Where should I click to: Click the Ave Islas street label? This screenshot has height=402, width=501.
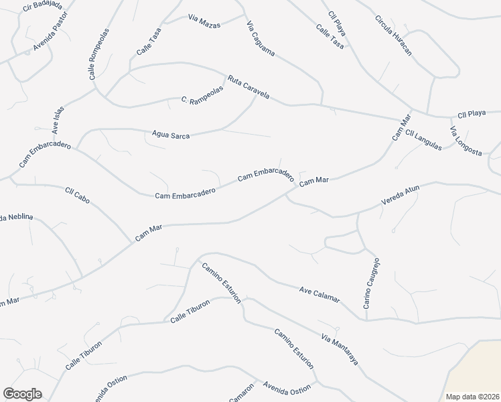click(x=58, y=119)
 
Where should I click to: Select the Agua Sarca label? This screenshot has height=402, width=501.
click(x=171, y=135)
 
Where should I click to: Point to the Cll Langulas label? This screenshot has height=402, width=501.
click(x=423, y=139)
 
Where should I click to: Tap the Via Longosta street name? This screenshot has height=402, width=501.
click(x=466, y=141)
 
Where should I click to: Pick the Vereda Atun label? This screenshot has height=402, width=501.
click(x=400, y=194)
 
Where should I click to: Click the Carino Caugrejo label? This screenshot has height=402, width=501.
click(x=372, y=283)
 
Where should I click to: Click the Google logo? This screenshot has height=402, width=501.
click(x=22, y=394)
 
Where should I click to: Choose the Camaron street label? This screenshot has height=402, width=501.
click(x=242, y=393)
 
